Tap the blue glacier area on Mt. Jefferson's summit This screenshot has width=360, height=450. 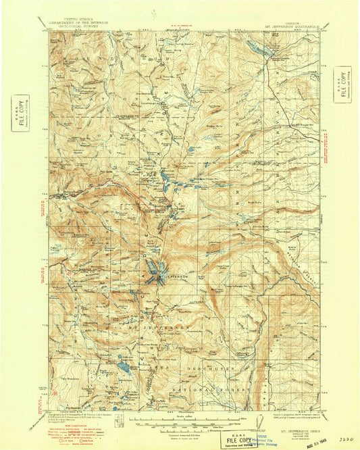pos(154,272)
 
